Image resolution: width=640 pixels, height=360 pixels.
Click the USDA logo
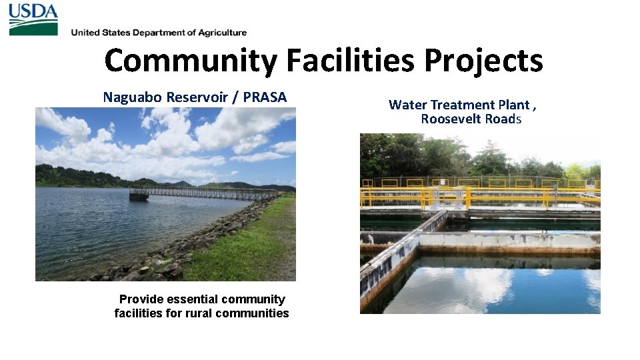pyautogui.click(x=33, y=19)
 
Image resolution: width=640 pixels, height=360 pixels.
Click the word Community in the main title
pyautogui.click(x=190, y=61)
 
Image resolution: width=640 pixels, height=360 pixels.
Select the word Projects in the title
pyautogui.click(x=483, y=61)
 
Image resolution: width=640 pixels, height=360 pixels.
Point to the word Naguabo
pyautogui.click(x=131, y=97)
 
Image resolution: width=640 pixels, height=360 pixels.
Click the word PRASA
pyautogui.click(x=265, y=97)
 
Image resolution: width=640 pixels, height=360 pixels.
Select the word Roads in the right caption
pyautogui.click(x=505, y=119)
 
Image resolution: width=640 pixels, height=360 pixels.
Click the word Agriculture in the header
pyautogui.click(x=219, y=33)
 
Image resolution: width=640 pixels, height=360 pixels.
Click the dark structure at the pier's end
pyautogui.click(x=139, y=195)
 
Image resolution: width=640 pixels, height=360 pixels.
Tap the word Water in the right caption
pyautogui.click(x=408, y=105)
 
